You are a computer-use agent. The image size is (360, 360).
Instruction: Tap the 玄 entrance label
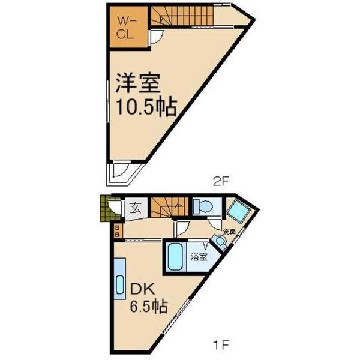pos(136,209)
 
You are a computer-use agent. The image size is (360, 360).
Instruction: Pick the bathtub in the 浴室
pos(175,257)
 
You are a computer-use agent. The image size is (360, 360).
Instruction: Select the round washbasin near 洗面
pos(220,241)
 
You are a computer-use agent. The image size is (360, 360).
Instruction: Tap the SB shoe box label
pos(117,230)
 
